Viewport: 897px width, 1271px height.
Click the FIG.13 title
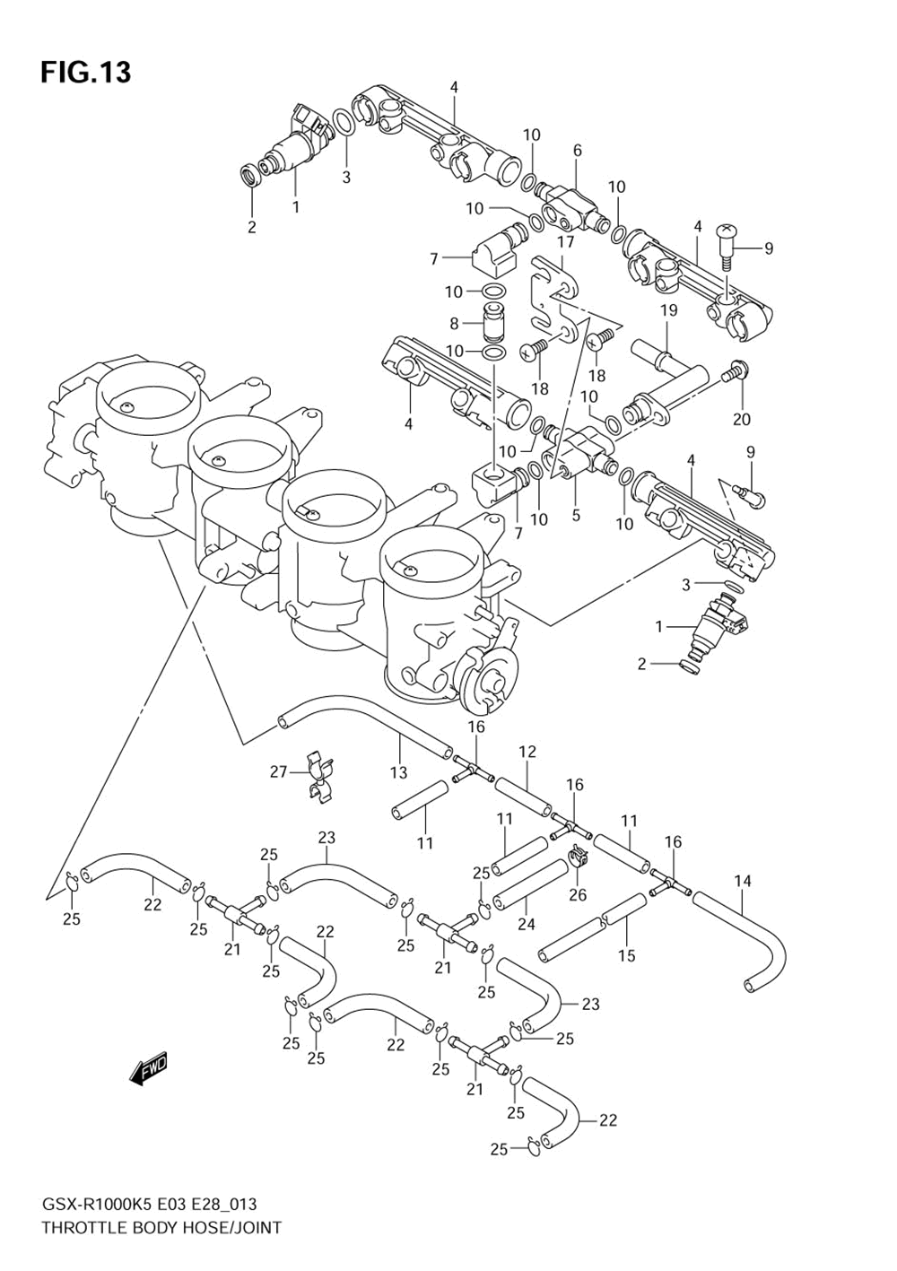[x=85, y=72]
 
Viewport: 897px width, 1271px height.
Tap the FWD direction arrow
[x=148, y=1069]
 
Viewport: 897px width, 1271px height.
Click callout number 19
[x=668, y=311]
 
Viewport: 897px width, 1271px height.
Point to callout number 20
[x=741, y=418]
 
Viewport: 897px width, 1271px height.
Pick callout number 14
[x=743, y=881]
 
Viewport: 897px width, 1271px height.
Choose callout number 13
[x=398, y=772]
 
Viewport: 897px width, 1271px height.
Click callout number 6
[x=578, y=151]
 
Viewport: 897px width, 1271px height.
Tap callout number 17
[x=565, y=242]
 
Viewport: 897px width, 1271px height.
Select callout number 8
[x=455, y=323]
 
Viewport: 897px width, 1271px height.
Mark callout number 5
[x=576, y=515]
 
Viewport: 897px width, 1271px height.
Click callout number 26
[x=578, y=894]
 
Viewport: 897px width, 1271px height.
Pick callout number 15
[x=627, y=955]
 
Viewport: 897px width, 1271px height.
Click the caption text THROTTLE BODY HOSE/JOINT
[x=161, y=1228]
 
